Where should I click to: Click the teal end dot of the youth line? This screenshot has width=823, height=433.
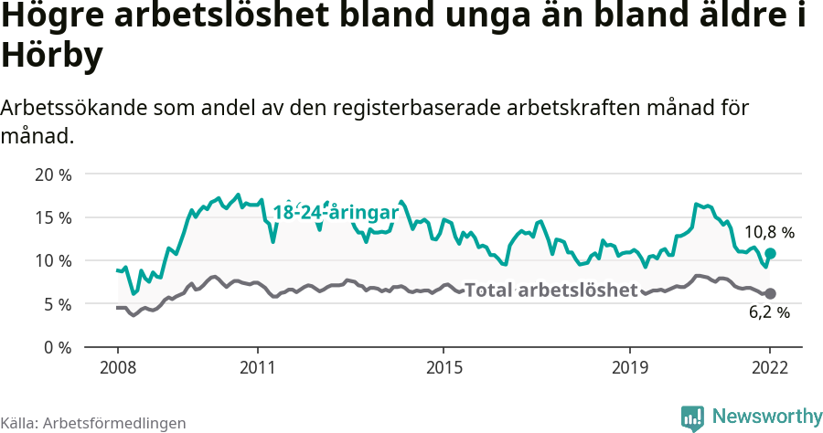(770, 253)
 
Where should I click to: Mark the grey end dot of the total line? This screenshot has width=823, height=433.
(770, 293)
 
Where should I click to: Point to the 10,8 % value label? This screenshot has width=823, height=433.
(769, 232)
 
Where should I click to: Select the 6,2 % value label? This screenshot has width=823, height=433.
(769, 312)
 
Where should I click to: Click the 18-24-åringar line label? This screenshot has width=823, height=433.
(336, 213)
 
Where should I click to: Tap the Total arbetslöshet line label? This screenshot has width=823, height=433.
(550, 290)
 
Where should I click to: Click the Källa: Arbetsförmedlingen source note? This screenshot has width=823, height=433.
(93, 423)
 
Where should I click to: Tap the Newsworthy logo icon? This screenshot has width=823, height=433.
(692, 417)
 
